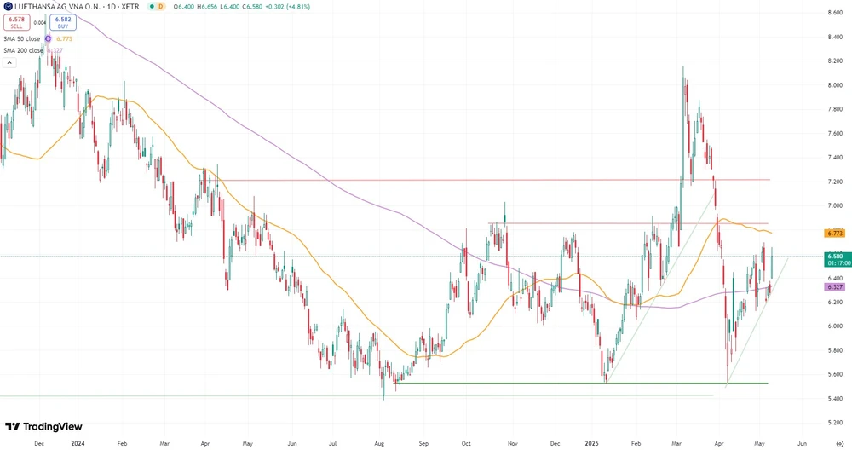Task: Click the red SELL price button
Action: [x=17, y=24]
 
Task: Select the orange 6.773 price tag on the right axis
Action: [x=834, y=233]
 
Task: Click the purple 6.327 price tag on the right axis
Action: [x=834, y=287]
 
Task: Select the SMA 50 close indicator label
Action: [x=21, y=38]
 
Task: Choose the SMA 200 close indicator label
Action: [x=23, y=50]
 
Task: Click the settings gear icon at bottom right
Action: [x=839, y=444]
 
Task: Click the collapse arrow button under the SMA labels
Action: [x=9, y=62]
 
